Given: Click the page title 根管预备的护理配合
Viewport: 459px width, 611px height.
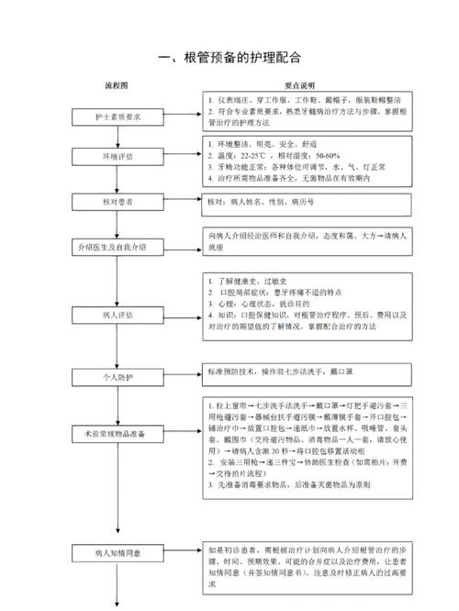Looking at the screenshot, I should [229, 56].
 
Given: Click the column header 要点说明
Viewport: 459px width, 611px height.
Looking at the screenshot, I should [299, 84].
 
